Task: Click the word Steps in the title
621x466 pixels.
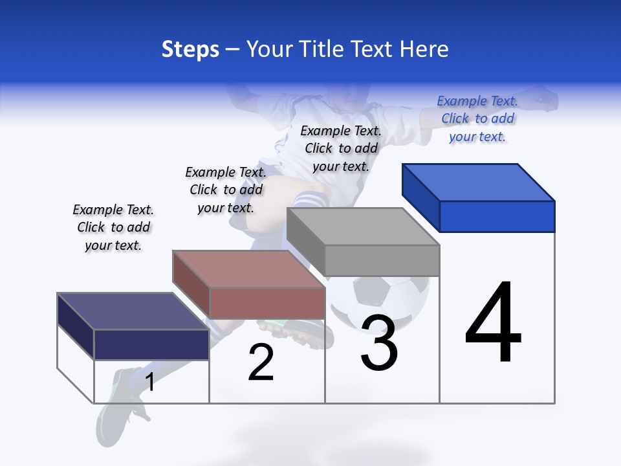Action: click(x=190, y=49)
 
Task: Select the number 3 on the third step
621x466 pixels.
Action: click(x=379, y=343)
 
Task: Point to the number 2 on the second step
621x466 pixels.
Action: click(x=261, y=362)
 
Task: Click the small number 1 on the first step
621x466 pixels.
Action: click(x=150, y=383)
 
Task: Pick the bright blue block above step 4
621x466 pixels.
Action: click(x=479, y=197)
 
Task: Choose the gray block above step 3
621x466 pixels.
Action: click(x=364, y=241)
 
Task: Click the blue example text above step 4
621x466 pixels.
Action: click(x=477, y=119)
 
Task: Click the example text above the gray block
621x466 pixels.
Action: click(x=341, y=148)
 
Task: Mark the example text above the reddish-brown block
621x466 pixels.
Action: click(x=226, y=190)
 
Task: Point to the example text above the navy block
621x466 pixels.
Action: click(x=113, y=227)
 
